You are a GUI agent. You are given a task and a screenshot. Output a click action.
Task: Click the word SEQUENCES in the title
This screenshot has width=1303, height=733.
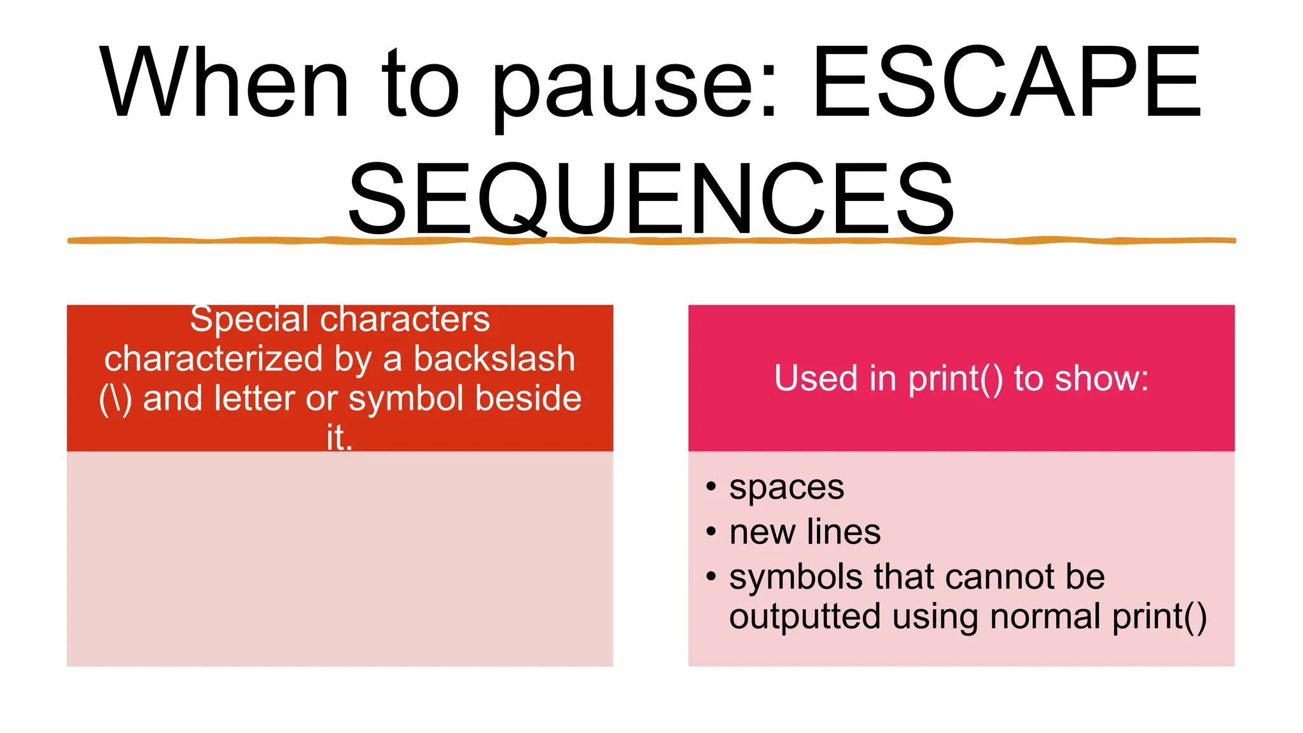click(x=650, y=198)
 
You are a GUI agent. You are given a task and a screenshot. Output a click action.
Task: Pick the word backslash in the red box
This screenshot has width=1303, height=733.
click(x=494, y=358)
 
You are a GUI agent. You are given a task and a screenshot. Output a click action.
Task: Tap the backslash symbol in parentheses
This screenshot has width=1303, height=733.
click(x=115, y=399)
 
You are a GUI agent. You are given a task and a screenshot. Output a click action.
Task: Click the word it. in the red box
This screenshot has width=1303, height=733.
click(x=339, y=438)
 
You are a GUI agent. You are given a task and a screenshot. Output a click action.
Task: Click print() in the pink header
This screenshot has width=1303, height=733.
click(x=955, y=379)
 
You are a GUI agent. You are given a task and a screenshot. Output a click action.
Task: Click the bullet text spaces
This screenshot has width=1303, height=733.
click(x=786, y=488)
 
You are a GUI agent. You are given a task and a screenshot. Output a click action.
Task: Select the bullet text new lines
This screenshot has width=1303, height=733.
click(x=805, y=532)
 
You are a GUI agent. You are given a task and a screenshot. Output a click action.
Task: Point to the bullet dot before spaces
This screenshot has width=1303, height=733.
click(x=711, y=487)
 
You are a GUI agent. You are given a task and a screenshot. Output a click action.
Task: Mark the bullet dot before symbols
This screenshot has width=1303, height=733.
click(x=711, y=576)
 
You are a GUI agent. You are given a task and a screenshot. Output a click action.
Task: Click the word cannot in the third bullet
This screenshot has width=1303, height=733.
click(x=998, y=576)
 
